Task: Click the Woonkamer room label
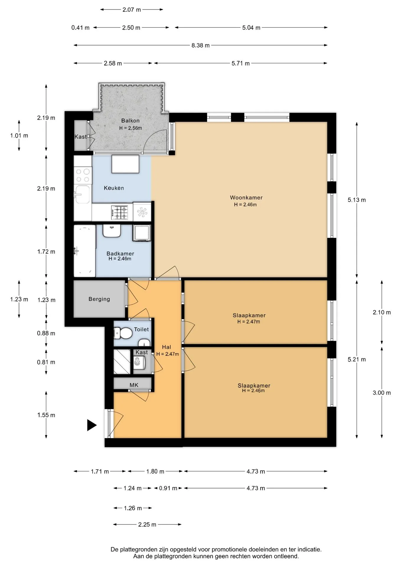246,198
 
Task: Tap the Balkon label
130,120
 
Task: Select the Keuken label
114,188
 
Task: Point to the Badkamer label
120,253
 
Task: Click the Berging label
99,299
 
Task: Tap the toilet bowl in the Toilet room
123,334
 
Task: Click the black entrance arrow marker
92,425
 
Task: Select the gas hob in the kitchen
120,212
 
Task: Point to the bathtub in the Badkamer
84,251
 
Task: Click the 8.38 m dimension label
200,45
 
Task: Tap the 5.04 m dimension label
251,27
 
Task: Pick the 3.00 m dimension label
382,392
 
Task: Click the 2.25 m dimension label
147,524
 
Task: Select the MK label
134,385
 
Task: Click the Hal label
167,347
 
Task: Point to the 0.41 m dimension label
80,27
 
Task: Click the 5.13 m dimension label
357,200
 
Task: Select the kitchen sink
82,194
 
